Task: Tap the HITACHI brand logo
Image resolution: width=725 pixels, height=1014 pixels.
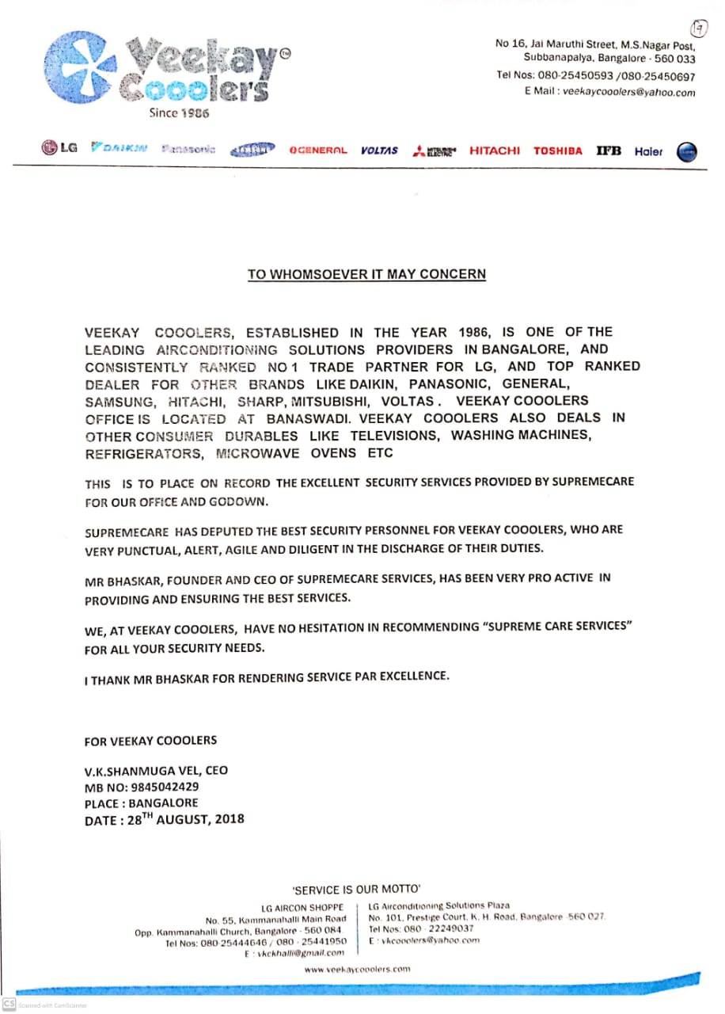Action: point(495,150)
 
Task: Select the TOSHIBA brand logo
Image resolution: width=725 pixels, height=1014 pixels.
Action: point(557,151)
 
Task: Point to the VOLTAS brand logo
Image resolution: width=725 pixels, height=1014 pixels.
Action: point(379,150)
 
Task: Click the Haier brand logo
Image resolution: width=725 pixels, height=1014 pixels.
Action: point(648,151)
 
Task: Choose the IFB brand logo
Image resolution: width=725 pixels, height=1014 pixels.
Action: point(609,151)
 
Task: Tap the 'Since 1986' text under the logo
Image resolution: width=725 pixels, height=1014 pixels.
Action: point(179,113)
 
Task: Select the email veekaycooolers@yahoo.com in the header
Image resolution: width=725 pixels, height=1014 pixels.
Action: point(629,92)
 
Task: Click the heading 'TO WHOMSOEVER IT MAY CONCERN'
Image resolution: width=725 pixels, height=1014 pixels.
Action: point(366,275)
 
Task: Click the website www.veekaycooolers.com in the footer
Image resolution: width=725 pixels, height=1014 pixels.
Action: point(357,968)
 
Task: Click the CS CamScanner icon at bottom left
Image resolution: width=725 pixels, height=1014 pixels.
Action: point(9,1004)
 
